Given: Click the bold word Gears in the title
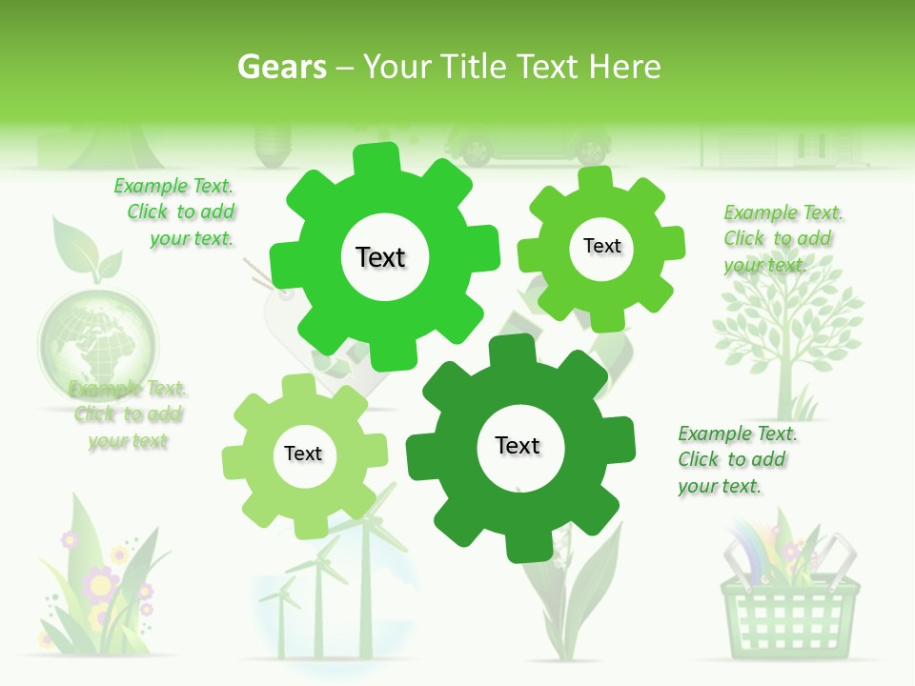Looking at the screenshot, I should pyautogui.click(x=281, y=67).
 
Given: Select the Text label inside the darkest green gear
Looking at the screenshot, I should pyautogui.click(x=518, y=446).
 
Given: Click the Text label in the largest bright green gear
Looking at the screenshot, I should pyautogui.click(x=380, y=257).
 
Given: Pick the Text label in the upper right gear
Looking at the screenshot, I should pyautogui.click(x=601, y=246).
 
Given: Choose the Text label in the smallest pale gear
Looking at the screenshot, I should pyautogui.click(x=303, y=454).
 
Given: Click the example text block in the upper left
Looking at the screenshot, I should pyautogui.click(x=175, y=212).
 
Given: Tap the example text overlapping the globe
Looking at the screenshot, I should pyautogui.click(x=128, y=414).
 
